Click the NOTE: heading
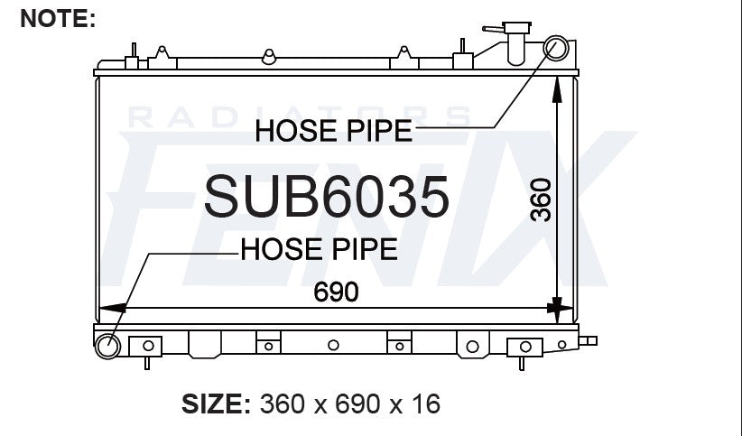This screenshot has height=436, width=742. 58,19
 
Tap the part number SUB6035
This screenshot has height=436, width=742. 327,197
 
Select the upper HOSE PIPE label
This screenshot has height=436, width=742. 334,131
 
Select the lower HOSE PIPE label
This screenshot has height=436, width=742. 319,249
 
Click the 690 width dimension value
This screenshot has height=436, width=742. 336,292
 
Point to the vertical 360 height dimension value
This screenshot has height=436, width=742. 541,199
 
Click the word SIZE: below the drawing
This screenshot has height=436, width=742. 216,404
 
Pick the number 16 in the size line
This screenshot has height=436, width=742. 426,404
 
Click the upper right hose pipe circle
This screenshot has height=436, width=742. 555,48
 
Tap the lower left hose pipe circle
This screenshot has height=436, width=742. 108,346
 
